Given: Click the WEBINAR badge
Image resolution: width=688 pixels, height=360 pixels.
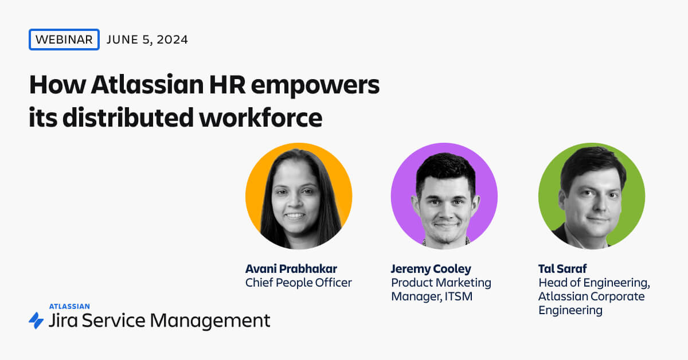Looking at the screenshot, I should [64, 40].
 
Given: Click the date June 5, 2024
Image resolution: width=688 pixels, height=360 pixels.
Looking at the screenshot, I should [147, 40].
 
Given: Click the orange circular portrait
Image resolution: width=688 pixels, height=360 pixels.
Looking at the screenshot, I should [299, 196].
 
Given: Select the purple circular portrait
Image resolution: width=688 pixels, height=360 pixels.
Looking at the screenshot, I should [444, 196].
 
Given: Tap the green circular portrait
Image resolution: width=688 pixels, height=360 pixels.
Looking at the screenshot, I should [591, 196].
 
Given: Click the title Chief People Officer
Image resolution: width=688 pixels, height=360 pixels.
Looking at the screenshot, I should [298, 282].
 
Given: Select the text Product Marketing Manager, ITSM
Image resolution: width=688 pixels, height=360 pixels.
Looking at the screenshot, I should [441, 289].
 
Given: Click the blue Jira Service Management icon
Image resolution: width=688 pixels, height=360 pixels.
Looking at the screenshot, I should [36, 320].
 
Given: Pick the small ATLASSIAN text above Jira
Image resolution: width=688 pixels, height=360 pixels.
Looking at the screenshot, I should [69, 307].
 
